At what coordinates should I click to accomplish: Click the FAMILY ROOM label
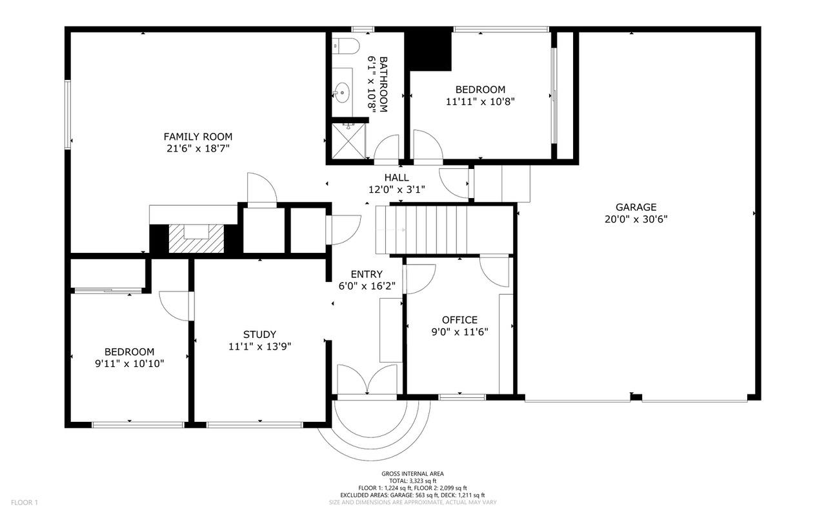click(x=198, y=137)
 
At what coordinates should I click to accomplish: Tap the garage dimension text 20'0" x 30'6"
click(x=636, y=219)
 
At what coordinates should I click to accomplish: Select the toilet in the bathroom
click(x=345, y=46)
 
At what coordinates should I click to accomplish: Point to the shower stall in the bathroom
click(x=348, y=141)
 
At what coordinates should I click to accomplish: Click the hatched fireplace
click(x=196, y=239)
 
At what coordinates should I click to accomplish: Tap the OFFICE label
click(x=460, y=319)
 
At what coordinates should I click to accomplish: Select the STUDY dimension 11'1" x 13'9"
click(x=260, y=346)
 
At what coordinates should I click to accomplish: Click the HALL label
click(x=397, y=177)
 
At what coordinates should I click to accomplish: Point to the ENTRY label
click(x=367, y=274)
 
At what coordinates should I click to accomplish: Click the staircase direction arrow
click(x=391, y=230)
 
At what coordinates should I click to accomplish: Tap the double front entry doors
click(x=367, y=380)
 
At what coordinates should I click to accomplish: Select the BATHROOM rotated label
click(x=383, y=84)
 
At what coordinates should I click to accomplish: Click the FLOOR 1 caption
click(x=25, y=502)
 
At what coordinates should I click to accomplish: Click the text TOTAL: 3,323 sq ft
click(x=412, y=481)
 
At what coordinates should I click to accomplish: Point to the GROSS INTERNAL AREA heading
click(x=412, y=474)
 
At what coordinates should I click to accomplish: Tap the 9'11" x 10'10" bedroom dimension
click(x=130, y=364)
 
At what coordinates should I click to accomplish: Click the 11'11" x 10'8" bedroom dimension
click(x=480, y=101)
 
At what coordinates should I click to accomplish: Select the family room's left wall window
click(x=68, y=115)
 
